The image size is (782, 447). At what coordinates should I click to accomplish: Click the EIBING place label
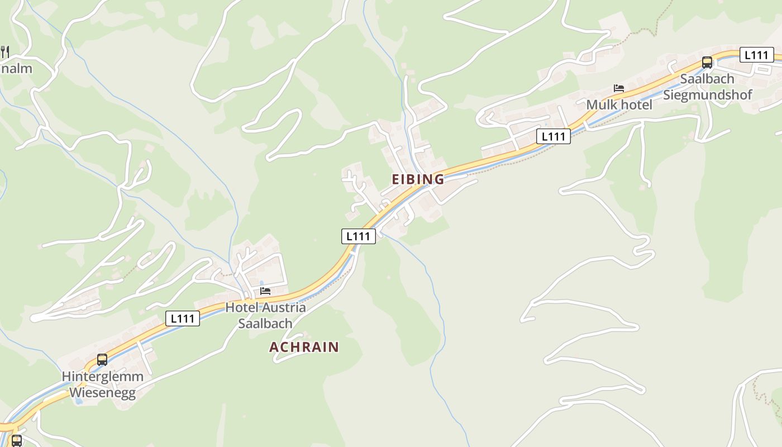pos(418,179)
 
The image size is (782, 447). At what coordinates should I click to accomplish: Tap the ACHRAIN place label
pos(304,347)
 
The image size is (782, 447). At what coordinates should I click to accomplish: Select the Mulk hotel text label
pos(619,104)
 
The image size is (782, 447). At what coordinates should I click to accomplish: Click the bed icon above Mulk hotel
pos(618,88)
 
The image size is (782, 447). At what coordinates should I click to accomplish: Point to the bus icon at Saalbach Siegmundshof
pos(707,62)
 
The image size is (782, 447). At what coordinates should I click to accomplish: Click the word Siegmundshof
pos(707,94)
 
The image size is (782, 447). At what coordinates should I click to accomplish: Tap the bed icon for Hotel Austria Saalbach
pos(265,291)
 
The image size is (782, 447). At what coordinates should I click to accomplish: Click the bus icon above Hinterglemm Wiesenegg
pos(102,359)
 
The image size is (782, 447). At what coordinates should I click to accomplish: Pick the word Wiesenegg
pos(102,393)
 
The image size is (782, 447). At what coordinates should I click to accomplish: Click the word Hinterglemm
pos(102,377)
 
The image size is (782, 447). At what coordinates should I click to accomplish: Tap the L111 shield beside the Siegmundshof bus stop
pos(756,55)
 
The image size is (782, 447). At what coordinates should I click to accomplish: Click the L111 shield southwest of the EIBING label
pos(358,236)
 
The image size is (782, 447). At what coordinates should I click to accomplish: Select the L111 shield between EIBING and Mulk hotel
pos(553,136)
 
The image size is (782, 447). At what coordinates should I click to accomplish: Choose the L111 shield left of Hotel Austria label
pos(183,319)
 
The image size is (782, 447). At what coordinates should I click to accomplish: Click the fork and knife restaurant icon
pos(5,52)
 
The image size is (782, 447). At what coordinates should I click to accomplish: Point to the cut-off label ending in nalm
pos(17,69)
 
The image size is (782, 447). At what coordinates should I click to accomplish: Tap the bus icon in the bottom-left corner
pos(16,440)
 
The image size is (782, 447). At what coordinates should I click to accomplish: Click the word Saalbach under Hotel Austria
pos(265,324)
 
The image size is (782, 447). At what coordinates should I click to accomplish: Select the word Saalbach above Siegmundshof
pos(707,79)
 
